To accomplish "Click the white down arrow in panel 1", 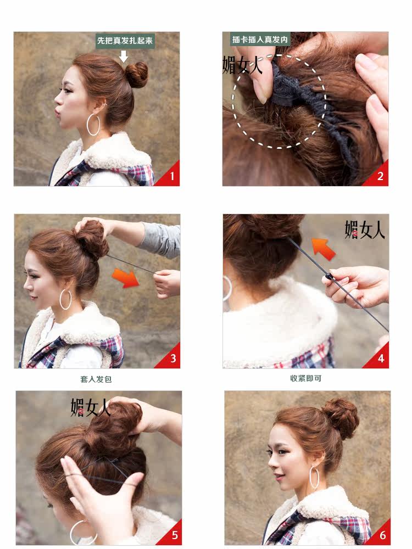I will [x=124, y=56].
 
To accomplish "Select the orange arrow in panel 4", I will [x=323, y=248].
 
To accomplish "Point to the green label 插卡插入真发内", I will [x=252, y=40].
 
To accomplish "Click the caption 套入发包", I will [x=96, y=379].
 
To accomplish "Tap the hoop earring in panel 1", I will [x=93, y=125].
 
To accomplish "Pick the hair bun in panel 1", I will [x=136, y=75].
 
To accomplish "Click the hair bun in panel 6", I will [x=340, y=417].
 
